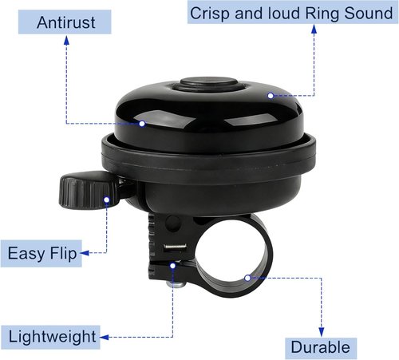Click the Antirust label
click(x=65, y=22)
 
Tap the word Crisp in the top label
click(x=210, y=14)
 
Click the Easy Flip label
click(x=41, y=253)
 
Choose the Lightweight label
click(x=50, y=337)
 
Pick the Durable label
click(x=321, y=347)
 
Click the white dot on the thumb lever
click(x=106, y=200)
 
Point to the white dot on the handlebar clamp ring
click(x=247, y=278)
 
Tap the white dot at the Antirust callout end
click(x=142, y=124)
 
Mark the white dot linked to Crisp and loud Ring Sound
click(x=271, y=96)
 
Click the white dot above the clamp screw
click(x=172, y=266)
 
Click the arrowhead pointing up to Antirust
click(x=66, y=40)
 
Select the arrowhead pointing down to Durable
click(x=322, y=332)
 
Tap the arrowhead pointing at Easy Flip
click(x=85, y=253)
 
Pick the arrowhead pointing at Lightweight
click(x=105, y=337)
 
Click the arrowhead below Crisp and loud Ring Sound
click(x=314, y=29)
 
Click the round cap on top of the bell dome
click(x=208, y=84)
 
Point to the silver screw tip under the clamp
click(x=176, y=285)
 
